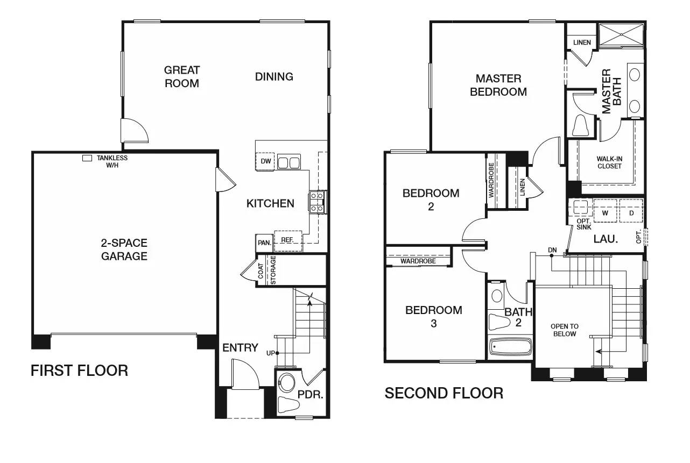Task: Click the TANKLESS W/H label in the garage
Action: tap(112, 162)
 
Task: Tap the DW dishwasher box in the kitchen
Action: tap(265, 161)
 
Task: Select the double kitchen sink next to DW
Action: tap(289, 162)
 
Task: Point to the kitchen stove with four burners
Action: tap(317, 202)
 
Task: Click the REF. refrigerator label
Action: tap(287, 239)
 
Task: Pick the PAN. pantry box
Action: tap(264, 243)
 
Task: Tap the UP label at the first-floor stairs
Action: tap(270, 353)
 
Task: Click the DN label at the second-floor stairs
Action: tap(552, 250)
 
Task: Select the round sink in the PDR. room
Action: tap(286, 383)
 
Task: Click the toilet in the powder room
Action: tap(288, 404)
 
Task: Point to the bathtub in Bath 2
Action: tap(510, 347)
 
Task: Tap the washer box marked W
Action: tap(605, 211)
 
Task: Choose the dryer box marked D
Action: tap(631, 211)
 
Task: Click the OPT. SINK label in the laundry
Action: tap(583, 224)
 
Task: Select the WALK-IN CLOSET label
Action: tap(609, 162)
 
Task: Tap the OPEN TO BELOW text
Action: tap(565, 330)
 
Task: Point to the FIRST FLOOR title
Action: tap(80, 371)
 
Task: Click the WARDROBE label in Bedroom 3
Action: tap(418, 261)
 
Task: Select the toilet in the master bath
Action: tap(580, 125)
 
